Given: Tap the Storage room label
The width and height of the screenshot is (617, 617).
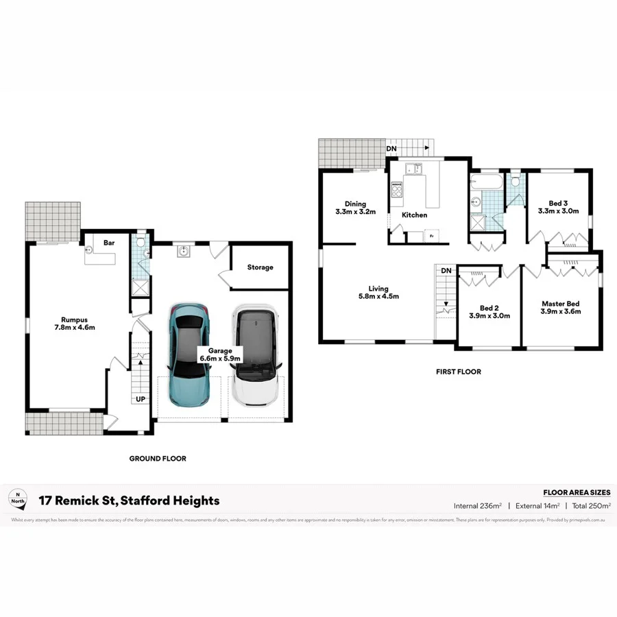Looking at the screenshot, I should click(x=260, y=267).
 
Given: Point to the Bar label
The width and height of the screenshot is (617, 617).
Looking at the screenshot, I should click(x=108, y=243).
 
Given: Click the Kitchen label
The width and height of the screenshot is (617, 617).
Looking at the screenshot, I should click(x=414, y=215).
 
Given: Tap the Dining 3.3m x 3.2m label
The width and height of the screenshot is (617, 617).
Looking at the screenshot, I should click(x=355, y=208).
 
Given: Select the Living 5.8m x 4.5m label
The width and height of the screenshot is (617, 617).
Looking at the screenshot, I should click(x=378, y=292).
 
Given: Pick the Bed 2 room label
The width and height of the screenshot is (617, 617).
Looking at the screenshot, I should click(x=489, y=311).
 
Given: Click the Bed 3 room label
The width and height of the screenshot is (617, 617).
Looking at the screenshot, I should click(x=559, y=207).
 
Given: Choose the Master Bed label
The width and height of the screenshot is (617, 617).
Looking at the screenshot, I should click(x=560, y=307).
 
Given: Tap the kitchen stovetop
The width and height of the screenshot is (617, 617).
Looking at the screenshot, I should click(x=396, y=189).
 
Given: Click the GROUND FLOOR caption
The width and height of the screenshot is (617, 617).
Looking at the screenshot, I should click(x=158, y=459).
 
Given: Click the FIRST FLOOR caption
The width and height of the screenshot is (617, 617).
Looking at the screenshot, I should click(x=459, y=372).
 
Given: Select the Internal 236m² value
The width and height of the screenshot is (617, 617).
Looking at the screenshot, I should click(x=478, y=506).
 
